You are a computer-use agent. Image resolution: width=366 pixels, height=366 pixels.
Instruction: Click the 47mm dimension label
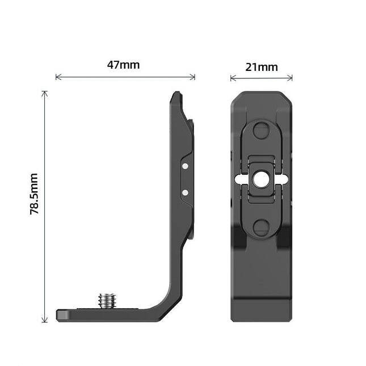click(123, 65)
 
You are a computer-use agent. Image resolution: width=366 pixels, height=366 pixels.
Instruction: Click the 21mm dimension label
click(262, 67)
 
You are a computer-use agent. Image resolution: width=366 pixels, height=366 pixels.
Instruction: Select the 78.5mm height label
click(33, 195)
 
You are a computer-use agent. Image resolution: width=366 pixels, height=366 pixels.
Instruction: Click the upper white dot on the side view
click(185, 166)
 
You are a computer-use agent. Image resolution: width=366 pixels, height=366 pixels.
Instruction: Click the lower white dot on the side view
click(185, 192)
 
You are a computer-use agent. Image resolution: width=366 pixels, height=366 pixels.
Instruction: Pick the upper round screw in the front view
click(261, 130)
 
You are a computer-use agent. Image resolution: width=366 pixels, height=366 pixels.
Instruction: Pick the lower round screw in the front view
click(261, 228)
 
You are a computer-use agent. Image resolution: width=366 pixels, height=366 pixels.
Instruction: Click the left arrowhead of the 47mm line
click(57, 77)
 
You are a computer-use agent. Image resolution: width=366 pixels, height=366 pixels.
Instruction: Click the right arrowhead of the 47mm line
click(193, 77)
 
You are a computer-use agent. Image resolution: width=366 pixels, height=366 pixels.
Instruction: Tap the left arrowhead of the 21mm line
click(232, 78)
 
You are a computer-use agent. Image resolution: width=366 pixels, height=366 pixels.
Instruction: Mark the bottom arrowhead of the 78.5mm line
click(45, 321)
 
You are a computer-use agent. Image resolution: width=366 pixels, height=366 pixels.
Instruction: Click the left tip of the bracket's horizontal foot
click(58, 314)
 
